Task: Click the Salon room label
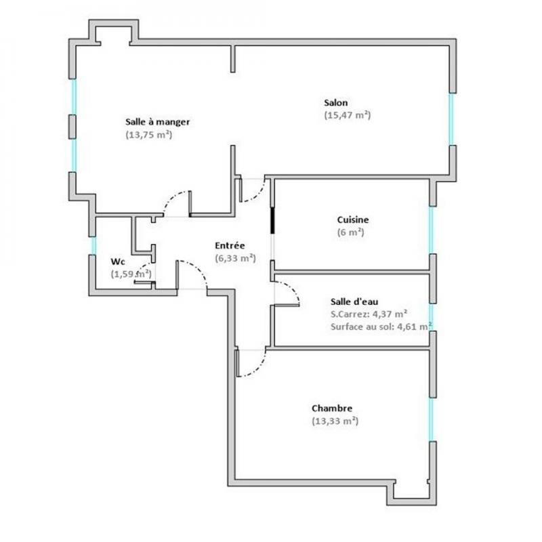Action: (336, 103)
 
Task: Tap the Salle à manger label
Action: (157, 122)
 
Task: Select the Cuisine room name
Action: (353, 220)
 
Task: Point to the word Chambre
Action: (332, 409)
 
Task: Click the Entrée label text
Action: (230, 245)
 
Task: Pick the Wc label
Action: (117, 262)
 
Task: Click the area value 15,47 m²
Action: (348, 115)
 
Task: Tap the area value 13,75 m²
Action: (148, 134)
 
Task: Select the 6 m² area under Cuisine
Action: (351, 232)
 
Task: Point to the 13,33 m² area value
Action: (335, 421)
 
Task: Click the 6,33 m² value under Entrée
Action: (235, 257)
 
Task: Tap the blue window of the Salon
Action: (451, 119)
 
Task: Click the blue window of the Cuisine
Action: (431, 229)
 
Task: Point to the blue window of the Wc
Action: (93, 245)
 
